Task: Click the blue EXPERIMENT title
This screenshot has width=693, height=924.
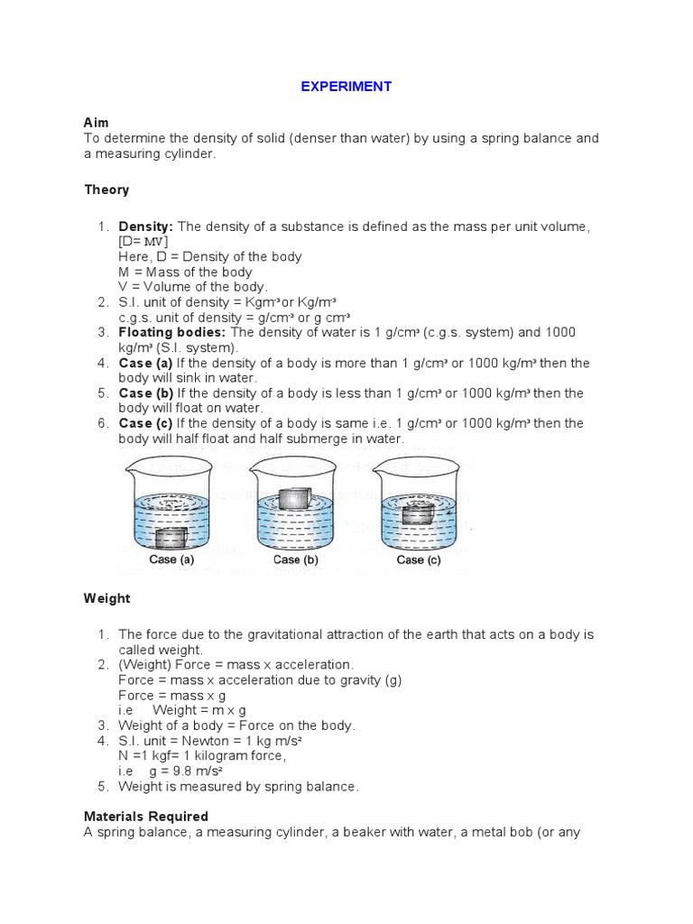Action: point(346,87)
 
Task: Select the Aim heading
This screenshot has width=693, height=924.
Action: point(96,122)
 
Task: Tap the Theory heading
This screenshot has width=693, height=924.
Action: point(106,189)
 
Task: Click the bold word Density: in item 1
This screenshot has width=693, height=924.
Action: point(145,226)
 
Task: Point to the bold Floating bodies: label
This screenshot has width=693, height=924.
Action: point(173,332)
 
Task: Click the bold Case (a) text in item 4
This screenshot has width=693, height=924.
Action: point(146,363)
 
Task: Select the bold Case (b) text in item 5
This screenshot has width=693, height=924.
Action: point(146,393)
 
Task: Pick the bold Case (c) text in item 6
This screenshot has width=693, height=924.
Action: point(146,423)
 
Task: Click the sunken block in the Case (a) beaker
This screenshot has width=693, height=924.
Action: point(171,539)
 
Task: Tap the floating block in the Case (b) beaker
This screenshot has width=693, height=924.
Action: point(294,499)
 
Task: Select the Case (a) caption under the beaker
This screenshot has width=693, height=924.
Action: point(171,560)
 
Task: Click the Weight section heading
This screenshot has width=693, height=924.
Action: point(107,598)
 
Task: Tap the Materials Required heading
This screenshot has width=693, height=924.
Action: point(146,817)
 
